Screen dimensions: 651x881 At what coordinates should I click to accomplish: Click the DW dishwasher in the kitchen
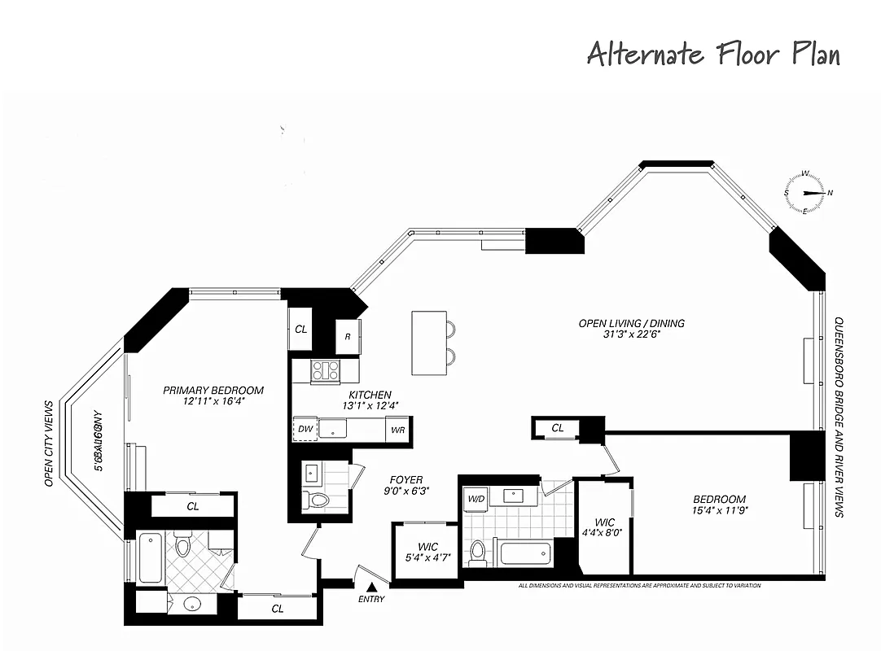305,429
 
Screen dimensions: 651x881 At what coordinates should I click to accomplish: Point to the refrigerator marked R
348,337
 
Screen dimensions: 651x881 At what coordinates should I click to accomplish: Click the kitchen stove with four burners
326,371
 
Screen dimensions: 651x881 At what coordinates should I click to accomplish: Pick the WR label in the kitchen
398,429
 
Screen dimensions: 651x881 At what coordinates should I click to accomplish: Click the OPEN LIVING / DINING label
631,323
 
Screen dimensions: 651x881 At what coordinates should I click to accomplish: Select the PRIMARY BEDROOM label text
213,390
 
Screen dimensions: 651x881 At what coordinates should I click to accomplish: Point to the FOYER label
405,480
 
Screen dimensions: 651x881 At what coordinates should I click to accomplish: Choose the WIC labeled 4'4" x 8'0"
604,528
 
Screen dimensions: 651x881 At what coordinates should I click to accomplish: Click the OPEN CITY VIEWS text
49,443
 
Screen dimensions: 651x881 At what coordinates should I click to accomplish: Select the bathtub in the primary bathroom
151,557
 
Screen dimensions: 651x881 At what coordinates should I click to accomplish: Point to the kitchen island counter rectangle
428,343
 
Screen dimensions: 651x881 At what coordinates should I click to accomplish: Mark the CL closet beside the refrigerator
301,330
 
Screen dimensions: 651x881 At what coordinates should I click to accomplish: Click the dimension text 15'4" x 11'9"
719,511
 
